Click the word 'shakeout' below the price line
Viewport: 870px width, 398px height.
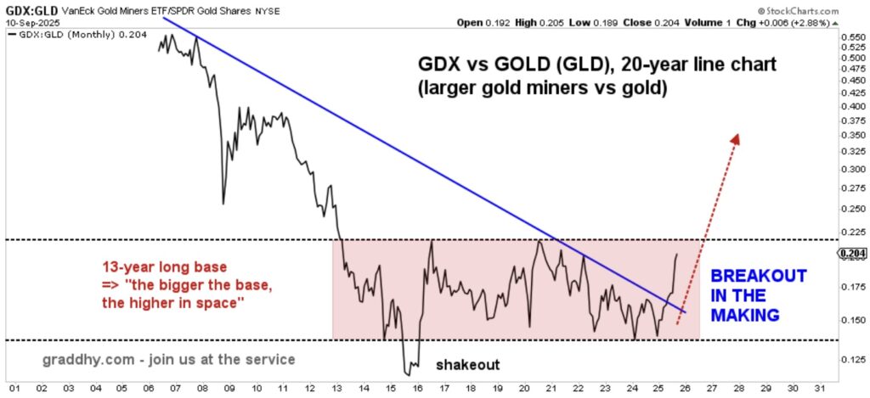467,365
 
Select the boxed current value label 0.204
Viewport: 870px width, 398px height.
852,253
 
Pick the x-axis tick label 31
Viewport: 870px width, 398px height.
820,389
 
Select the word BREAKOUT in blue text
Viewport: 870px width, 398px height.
757,277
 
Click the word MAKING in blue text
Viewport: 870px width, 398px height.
745,315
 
